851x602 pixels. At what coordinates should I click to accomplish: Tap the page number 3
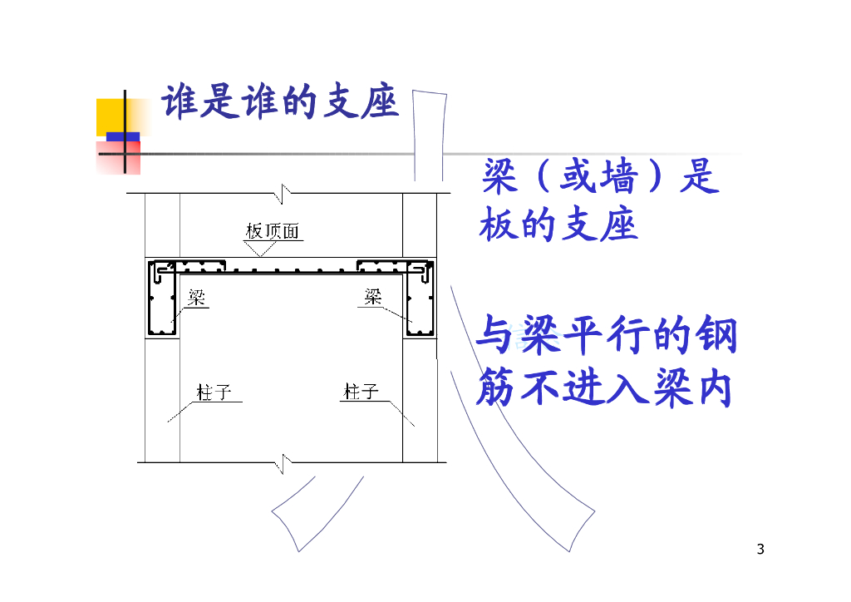[761, 549]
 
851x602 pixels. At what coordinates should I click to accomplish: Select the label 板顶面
[272, 231]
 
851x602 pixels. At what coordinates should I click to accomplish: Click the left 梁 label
[197, 298]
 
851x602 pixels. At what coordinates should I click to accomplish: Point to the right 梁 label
[373, 296]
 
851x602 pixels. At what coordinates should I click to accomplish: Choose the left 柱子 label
[214, 392]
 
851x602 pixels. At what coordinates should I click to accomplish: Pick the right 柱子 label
[362, 392]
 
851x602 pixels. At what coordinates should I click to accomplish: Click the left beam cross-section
[161, 300]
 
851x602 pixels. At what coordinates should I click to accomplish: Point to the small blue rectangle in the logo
[123, 136]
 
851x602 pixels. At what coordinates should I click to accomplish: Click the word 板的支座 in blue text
[558, 226]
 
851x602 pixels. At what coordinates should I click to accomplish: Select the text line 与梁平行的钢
[607, 339]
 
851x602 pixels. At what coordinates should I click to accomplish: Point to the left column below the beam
[162, 399]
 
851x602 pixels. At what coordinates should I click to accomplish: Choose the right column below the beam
[420, 399]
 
